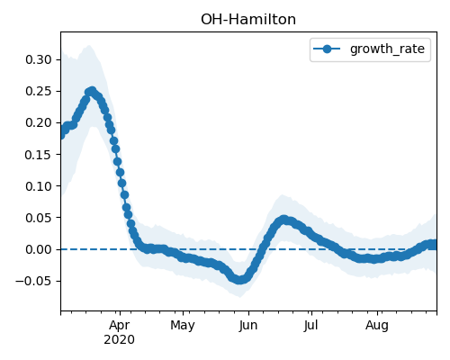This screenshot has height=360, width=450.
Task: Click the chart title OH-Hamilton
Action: click(248, 20)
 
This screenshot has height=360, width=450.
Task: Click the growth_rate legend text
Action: click(387, 49)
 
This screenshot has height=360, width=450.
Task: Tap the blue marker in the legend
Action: click(327, 49)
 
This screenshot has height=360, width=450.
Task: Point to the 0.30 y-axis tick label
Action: click(39, 59)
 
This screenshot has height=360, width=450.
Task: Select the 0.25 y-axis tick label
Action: click(39, 91)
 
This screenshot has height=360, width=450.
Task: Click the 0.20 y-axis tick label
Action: click(39, 122)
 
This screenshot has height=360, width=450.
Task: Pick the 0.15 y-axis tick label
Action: click(39, 155)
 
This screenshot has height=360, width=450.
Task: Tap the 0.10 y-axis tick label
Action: click(39, 186)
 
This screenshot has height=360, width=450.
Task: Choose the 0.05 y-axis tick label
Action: click(39, 218)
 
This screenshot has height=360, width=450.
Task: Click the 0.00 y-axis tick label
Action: click(39, 249)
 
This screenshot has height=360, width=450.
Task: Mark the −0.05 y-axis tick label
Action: click(33, 281)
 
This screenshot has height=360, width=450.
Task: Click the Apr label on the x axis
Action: click(120, 326)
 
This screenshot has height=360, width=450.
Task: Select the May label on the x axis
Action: click(183, 326)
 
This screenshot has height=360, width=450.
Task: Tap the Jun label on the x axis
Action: click(248, 326)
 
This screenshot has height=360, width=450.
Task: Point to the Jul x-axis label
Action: click(310, 325)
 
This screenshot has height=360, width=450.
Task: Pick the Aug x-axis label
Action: click(377, 326)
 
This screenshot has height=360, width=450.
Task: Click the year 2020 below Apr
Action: click(120, 340)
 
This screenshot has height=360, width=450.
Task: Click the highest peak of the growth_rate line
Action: click(92, 91)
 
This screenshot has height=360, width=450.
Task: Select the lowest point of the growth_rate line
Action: click(239, 280)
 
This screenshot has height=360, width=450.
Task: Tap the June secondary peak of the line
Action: click(283, 220)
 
